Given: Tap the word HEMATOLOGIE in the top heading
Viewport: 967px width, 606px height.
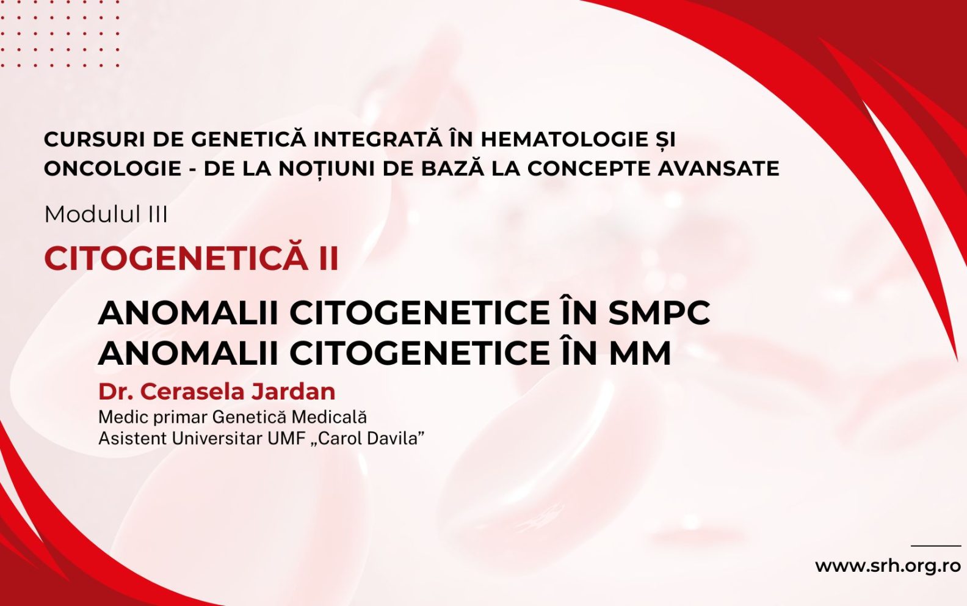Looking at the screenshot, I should tap(563, 139).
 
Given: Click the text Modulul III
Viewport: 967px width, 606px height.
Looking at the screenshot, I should tap(106, 214).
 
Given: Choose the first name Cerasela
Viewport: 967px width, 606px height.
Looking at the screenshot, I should tap(196, 392).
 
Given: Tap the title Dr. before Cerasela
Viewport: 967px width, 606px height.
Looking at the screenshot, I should tap(116, 392).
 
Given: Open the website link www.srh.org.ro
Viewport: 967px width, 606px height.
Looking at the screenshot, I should tap(888, 566).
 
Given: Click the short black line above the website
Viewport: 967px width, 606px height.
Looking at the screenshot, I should tap(935, 546).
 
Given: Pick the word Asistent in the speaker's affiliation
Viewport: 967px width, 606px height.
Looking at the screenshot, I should tap(132, 439).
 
